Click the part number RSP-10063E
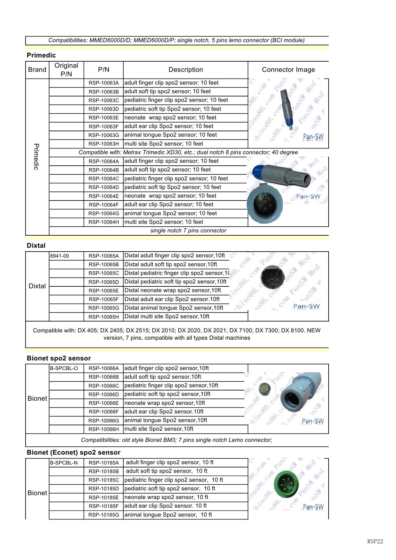(x=103, y=118)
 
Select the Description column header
(x=186, y=70)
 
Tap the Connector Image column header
(x=288, y=70)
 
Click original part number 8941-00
(x=59, y=256)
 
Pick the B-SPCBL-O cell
(x=64, y=368)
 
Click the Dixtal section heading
(x=36, y=246)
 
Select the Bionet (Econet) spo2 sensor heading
(x=73, y=452)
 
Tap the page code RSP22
(x=375, y=541)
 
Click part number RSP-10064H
(x=103, y=222)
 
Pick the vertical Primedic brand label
(x=36, y=157)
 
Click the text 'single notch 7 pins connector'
(x=188, y=231)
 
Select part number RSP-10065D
(x=103, y=282)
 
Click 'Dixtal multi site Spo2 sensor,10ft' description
(x=167, y=316)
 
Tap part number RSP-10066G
(x=103, y=420)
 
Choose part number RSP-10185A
(x=103, y=463)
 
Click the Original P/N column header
(x=66, y=70)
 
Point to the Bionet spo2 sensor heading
(x=59, y=358)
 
